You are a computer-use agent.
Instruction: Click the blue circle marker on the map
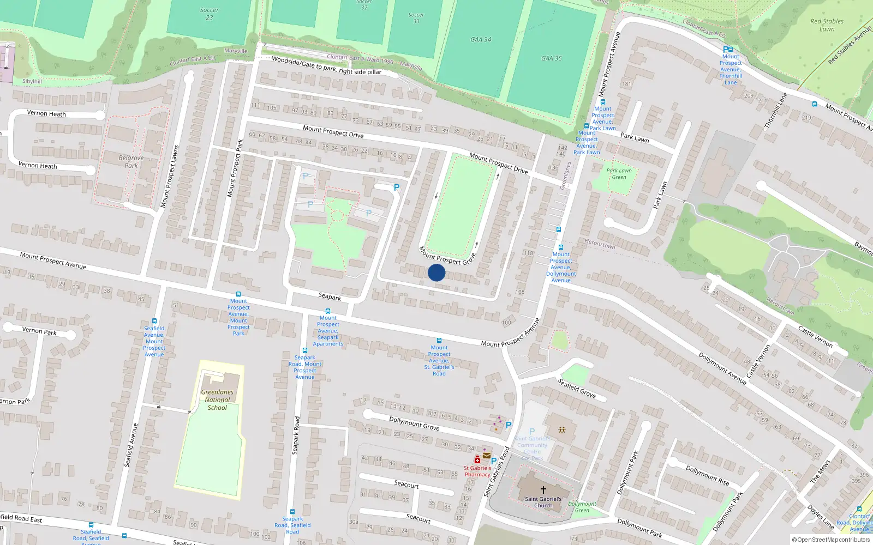point(436,272)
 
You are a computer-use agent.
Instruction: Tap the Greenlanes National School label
point(217,399)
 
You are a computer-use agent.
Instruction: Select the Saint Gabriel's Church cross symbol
point(543,489)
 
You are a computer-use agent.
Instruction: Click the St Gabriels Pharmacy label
point(477,471)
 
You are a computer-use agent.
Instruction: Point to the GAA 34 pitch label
point(481,39)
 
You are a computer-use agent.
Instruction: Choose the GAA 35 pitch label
point(551,58)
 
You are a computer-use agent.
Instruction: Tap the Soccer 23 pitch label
point(209,14)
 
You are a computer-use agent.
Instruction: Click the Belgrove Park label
point(131,161)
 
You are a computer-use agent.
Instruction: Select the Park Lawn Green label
point(619,173)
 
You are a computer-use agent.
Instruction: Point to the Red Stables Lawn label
point(827,25)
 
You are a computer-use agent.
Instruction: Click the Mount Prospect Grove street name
point(447,256)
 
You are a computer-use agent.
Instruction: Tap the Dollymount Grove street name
point(414,423)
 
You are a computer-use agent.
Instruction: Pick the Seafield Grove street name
point(577,388)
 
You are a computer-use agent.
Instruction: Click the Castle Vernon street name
point(815,336)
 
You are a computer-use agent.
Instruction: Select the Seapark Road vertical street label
point(296,435)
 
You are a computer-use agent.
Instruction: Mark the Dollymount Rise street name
point(707,475)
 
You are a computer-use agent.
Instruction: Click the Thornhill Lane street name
point(775,111)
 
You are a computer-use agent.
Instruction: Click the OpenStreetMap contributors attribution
point(831,540)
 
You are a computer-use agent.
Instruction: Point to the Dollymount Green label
point(582,507)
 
